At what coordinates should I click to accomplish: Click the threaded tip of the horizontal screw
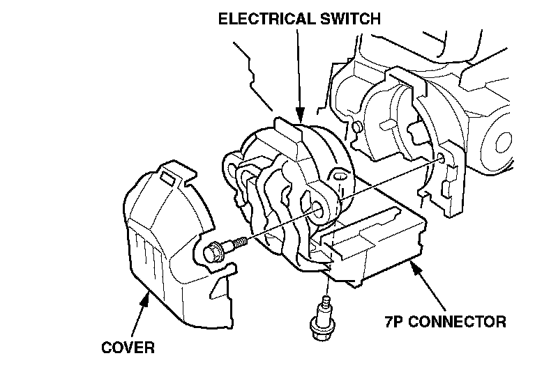(240, 242)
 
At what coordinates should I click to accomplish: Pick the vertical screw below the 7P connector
(321, 317)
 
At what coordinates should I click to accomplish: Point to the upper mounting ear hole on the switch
(340, 179)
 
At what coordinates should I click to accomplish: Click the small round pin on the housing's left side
(356, 127)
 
